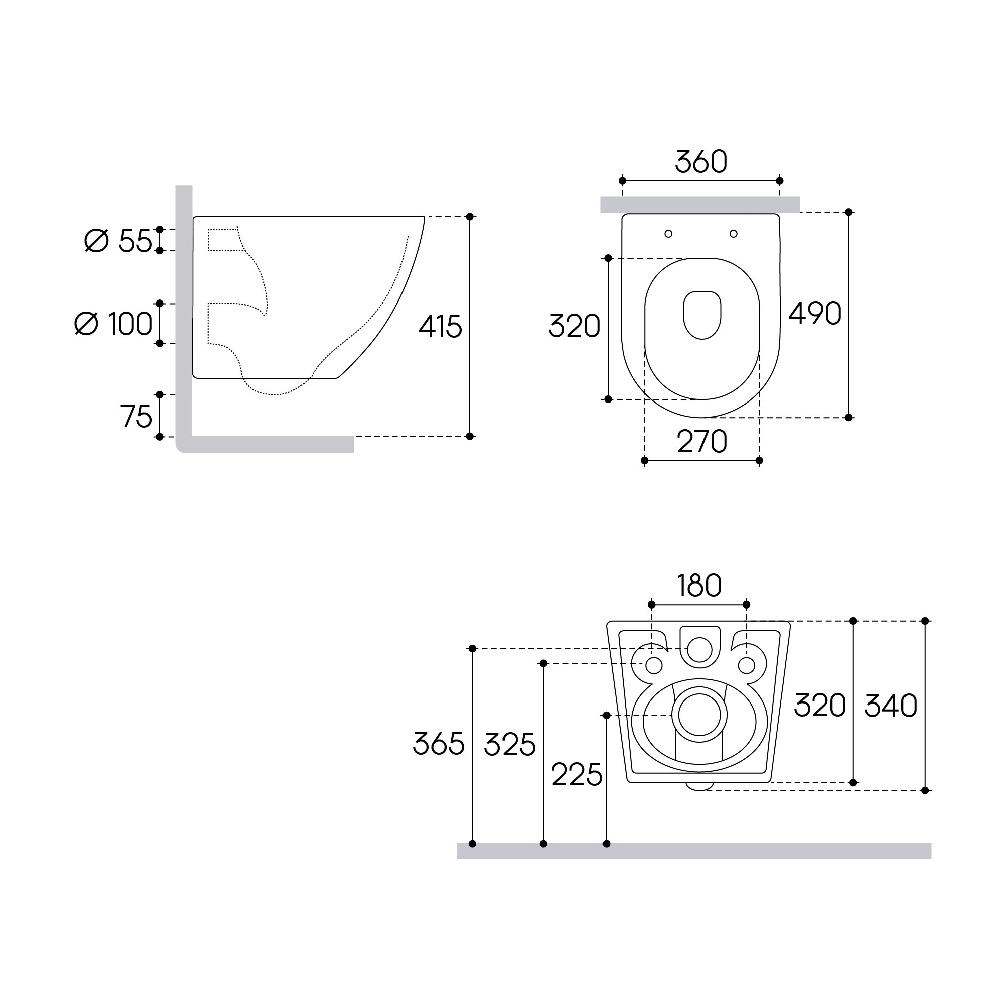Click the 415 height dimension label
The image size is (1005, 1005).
click(440, 327)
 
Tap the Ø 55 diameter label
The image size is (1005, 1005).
click(118, 241)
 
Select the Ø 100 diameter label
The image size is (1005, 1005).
click(114, 324)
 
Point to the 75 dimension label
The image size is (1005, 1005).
click(136, 416)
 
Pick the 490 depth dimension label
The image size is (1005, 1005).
click(815, 313)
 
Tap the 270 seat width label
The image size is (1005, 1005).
click(701, 442)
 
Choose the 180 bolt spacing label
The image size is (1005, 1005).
click(699, 586)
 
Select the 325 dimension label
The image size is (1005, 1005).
click(510, 744)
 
